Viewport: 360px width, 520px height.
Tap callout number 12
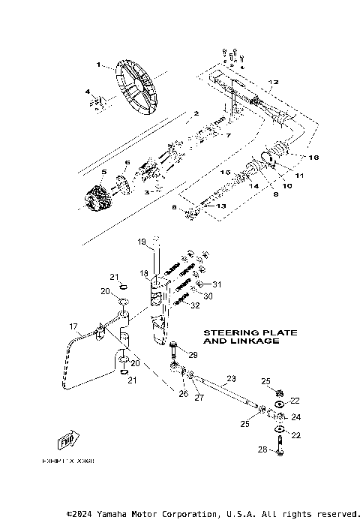273,82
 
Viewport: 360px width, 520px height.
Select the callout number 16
313,158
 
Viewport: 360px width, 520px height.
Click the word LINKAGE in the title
253,341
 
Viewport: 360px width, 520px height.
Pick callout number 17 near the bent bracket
74,326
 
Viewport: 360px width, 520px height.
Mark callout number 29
192,355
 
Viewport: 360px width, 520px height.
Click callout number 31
217,284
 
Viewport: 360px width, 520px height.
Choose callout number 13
220,206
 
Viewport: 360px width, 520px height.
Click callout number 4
88,92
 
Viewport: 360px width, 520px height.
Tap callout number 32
194,305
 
